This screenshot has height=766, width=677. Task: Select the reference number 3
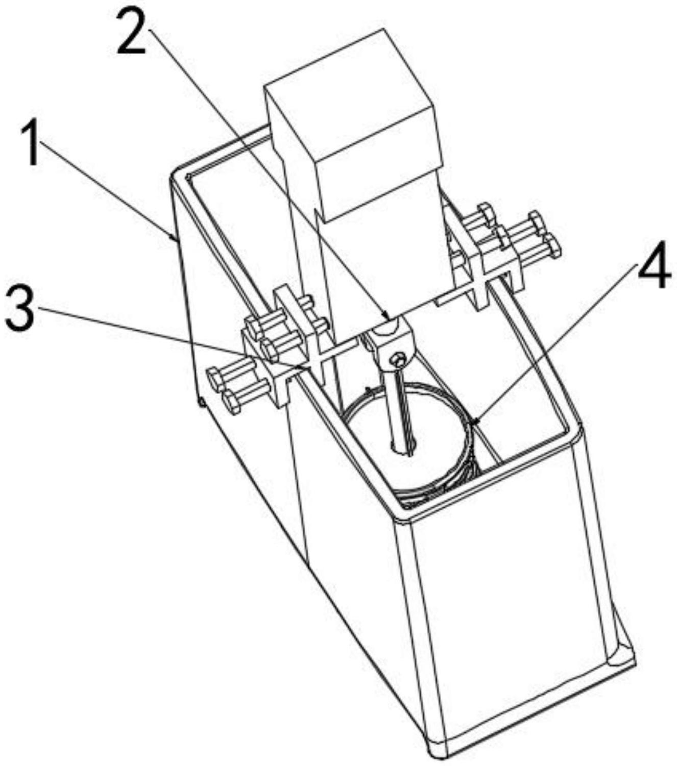[x=19, y=308]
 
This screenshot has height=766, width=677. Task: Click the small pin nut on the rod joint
[x=398, y=361]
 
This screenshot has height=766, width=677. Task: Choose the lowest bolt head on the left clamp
[x=233, y=403]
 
